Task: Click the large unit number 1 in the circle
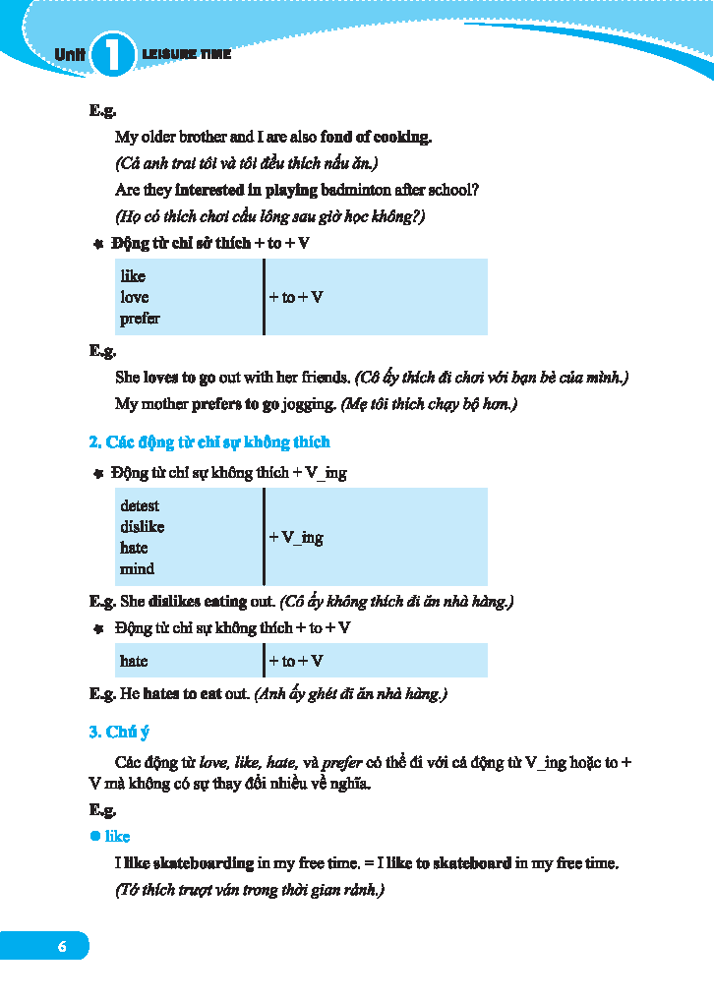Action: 113,54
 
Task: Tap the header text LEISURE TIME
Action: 186,54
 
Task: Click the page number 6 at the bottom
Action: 62,946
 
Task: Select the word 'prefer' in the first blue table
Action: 140,319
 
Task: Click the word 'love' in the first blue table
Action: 135,297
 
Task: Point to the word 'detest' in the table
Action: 140,505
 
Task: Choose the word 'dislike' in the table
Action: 143,527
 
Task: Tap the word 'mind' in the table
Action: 137,568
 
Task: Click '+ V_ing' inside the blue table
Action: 296,537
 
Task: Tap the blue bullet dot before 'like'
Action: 95,836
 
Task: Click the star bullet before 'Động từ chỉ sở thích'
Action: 97,243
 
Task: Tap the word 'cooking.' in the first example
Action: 402,137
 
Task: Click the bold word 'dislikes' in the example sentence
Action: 173,600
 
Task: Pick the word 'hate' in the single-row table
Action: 134,661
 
